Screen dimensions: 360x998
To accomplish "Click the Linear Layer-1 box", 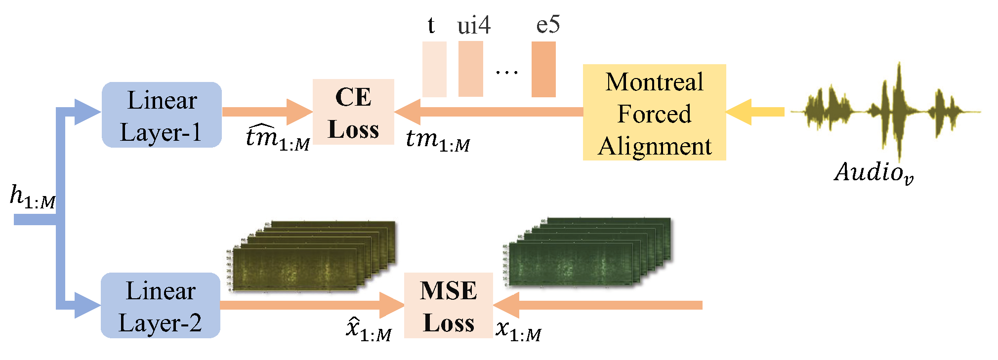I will point(162,115).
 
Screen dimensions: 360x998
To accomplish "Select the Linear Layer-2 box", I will point(161,306).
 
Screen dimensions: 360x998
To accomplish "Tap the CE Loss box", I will point(353,112).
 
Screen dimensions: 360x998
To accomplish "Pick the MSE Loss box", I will point(448,306).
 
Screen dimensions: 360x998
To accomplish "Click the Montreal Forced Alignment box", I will point(654,113).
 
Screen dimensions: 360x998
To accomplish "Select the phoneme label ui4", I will point(473,25).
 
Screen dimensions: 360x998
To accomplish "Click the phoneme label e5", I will point(548,25).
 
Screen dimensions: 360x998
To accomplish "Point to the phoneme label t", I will point(431,25).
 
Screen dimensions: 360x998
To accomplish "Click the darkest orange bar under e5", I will point(543,69).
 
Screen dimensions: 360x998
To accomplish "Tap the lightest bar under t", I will point(434,69).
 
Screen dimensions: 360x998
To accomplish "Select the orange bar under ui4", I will point(470,69).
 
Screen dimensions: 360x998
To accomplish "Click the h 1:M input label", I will point(33,197).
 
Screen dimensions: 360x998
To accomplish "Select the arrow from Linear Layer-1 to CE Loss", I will point(267,112).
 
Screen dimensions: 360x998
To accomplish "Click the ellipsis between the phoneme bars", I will point(507,72).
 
